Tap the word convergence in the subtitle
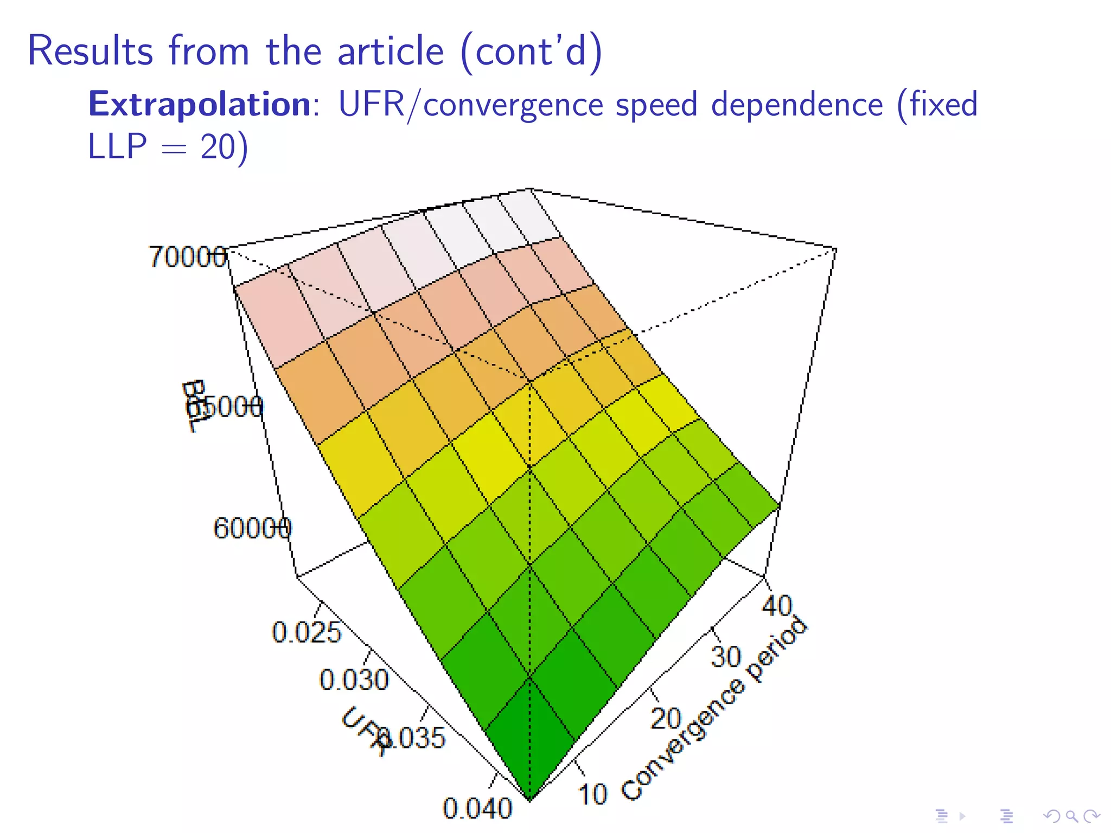(513, 105)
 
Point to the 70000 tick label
(187, 257)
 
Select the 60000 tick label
(252, 528)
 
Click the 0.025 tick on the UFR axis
(307, 632)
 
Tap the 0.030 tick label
(354, 679)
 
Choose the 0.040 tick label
(477, 808)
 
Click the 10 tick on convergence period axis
(592, 794)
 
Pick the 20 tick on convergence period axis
(666, 719)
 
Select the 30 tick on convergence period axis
(726, 656)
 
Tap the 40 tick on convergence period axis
(777, 605)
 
